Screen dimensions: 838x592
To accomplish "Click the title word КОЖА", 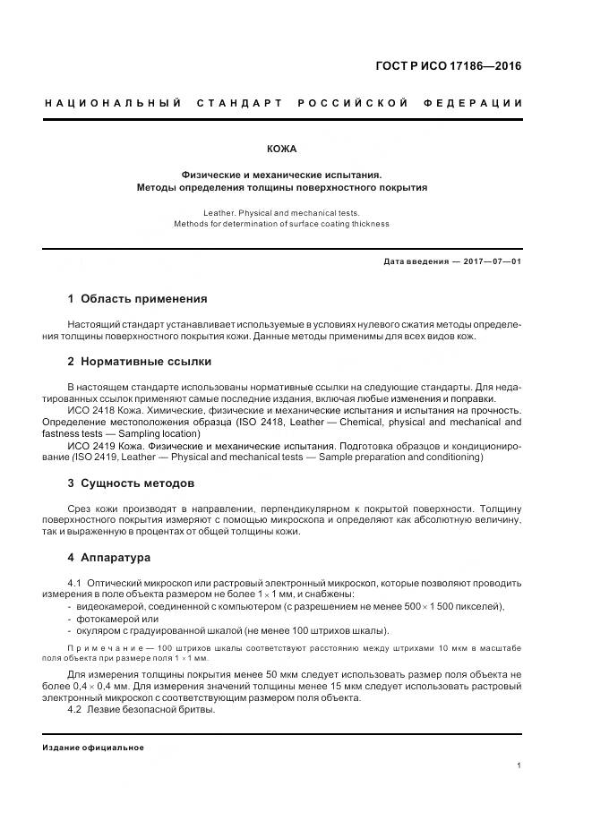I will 281,149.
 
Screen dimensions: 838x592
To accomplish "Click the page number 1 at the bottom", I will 519,765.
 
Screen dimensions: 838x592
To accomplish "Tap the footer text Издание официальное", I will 93,748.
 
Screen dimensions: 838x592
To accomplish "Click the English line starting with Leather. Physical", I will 281,213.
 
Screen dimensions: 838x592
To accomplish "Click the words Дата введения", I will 415,261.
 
